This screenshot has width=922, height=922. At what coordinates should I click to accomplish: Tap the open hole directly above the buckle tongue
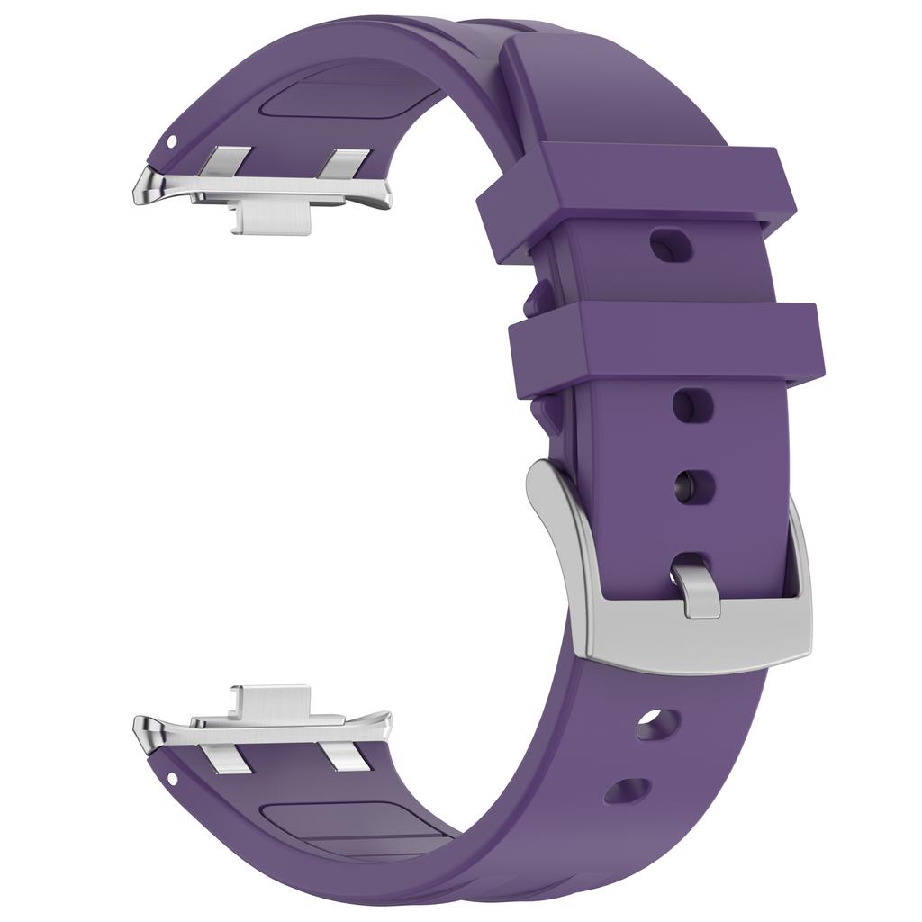696,486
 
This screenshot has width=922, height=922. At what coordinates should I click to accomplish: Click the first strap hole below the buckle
657,725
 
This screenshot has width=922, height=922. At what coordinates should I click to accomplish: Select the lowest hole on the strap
628,791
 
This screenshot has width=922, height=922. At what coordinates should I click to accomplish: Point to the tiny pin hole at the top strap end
172,141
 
